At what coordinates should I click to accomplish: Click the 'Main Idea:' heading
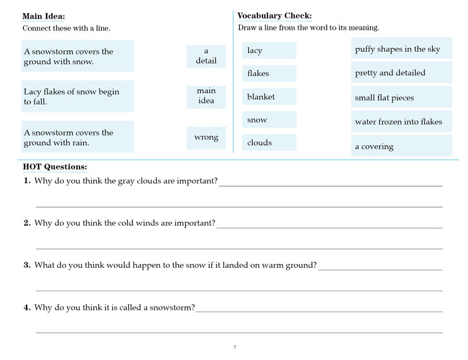coord(44,17)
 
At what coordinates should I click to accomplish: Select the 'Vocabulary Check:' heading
coord(274,16)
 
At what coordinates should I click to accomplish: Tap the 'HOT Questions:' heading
coord(54,167)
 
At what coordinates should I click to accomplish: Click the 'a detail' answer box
coord(206,56)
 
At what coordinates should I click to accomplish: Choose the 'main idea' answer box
coord(206,96)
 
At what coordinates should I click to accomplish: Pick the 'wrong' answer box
coord(206,138)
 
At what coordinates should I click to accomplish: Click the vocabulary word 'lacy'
coord(255,51)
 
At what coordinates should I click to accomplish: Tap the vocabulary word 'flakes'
coord(258,74)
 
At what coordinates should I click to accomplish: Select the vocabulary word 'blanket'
coord(261,97)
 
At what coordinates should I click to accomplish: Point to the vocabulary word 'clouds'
coord(259,143)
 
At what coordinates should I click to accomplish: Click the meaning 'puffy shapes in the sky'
coord(398,49)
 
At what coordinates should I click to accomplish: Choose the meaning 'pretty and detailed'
coord(390,73)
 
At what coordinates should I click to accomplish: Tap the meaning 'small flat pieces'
coord(384,98)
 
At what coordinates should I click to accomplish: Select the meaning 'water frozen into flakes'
coord(399,122)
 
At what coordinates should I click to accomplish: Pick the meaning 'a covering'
coord(374,147)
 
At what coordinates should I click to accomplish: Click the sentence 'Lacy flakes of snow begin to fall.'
coord(72,97)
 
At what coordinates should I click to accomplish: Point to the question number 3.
coord(27,265)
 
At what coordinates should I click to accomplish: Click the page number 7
coord(235,348)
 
